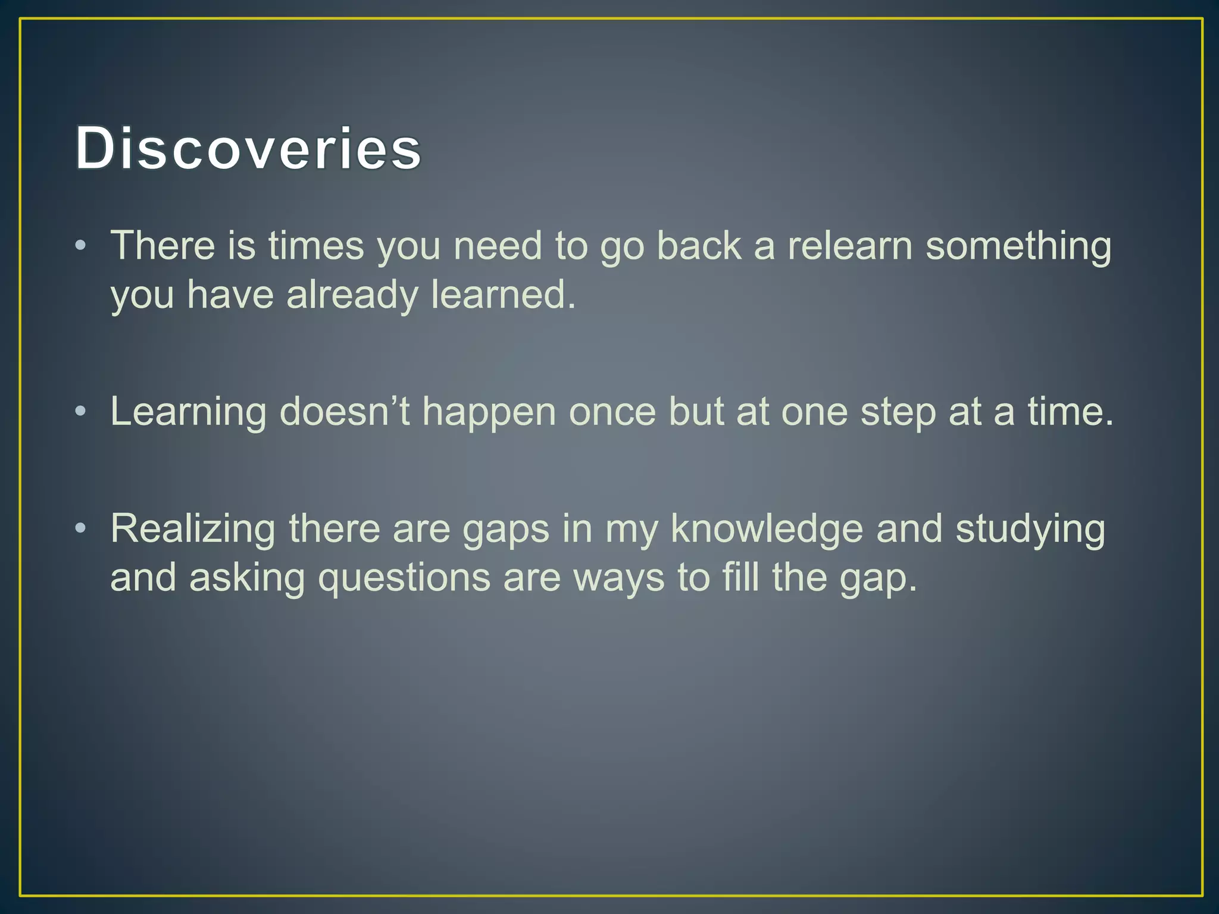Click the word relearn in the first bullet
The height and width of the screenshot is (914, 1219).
pos(850,246)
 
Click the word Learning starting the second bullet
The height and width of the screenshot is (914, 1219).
pos(188,412)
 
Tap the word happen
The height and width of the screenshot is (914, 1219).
pos(489,412)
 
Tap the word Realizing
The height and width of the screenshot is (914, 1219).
pos(193,529)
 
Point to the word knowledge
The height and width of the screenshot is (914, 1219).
pos(767,529)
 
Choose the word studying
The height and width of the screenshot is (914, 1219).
pos(1030,529)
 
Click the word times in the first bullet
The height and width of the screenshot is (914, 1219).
pos(315,246)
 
